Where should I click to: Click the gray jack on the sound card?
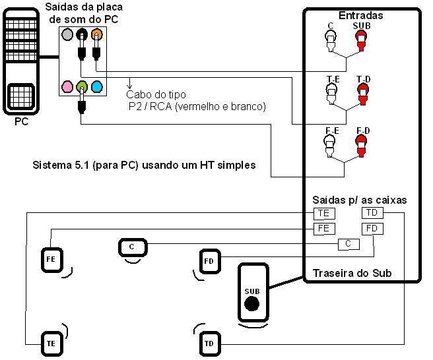point(66,34)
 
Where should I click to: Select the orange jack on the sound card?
point(96,34)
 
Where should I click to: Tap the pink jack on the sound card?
point(67,86)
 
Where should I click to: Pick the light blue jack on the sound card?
point(96,86)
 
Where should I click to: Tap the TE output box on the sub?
point(323,213)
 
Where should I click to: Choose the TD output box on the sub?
point(372,213)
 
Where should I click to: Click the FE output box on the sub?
point(323,228)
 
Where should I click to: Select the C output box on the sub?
point(348,245)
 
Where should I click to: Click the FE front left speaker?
point(51,259)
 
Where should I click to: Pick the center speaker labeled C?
point(132,247)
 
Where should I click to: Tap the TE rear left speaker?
point(51,343)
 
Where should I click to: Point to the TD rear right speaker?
point(209,344)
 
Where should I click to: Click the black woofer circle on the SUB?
point(251,304)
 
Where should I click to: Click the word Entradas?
point(360,15)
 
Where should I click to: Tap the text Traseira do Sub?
point(352,273)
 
